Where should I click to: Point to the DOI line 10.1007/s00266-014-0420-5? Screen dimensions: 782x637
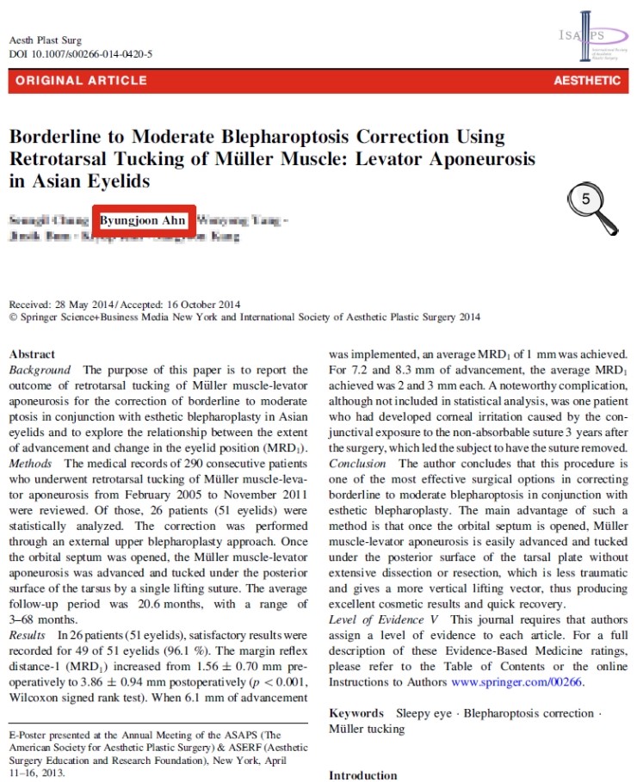pyautogui.click(x=80, y=54)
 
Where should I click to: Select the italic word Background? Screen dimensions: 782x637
pyautogui.click(x=41, y=368)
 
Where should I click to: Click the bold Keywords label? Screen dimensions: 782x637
pyautogui.click(x=356, y=713)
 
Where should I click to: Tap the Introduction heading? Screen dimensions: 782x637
pyautogui.click(x=362, y=775)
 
